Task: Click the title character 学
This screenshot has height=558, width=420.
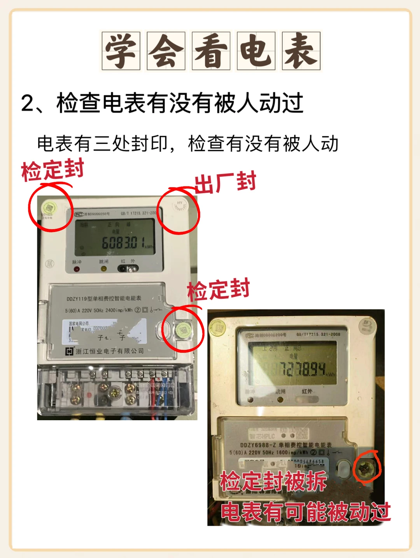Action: click(x=121, y=51)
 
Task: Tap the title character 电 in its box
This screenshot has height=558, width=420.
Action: click(x=256, y=51)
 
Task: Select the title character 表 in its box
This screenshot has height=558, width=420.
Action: click(x=301, y=51)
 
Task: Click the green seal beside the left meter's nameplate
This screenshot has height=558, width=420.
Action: click(x=183, y=330)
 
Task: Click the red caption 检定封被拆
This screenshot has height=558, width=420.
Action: click(x=273, y=481)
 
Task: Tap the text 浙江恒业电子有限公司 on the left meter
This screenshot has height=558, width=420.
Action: click(x=110, y=351)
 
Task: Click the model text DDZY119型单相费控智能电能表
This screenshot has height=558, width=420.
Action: click(x=104, y=298)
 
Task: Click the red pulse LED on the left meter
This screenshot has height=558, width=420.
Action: click(x=77, y=269)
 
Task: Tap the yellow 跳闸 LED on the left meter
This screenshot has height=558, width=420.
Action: click(x=103, y=268)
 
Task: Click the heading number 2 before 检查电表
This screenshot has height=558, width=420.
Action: click(x=28, y=104)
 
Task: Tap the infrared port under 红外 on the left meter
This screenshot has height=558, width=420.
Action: click(x=128, y=268)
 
